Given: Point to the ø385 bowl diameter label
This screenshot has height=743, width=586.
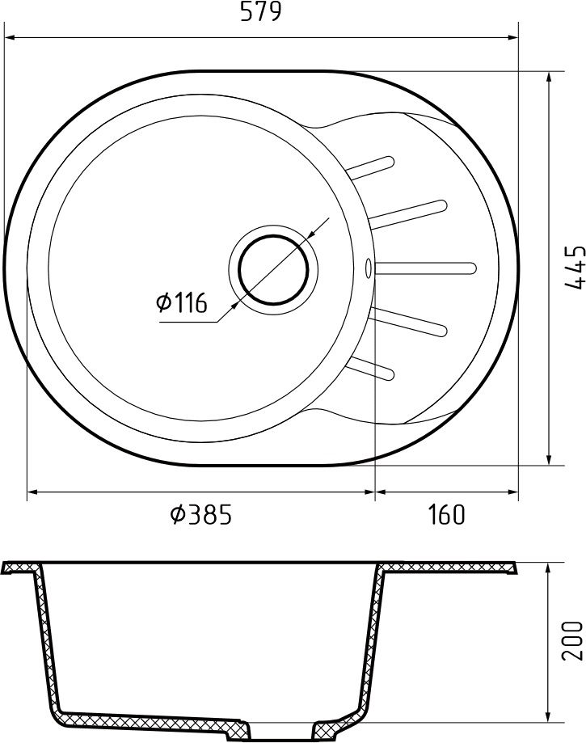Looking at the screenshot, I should pyautogui.click(x=200, y=514).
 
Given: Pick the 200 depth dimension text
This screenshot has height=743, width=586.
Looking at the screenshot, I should pyautogui.click(x=572, y=641).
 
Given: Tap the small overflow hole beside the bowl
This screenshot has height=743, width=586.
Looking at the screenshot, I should pyautogui.click(x=369, y=265).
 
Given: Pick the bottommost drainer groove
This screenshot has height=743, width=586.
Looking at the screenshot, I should pyautogui.click(x=370, y=367).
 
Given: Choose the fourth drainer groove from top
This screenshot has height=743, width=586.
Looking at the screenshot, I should pyautogui.click(x=408, y=322).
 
